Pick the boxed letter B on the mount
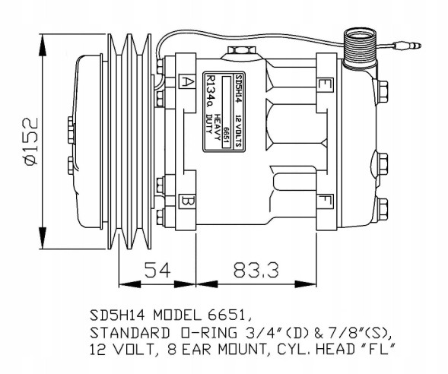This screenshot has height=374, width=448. point(187,201)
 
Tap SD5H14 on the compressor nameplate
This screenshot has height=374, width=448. point(238,89)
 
